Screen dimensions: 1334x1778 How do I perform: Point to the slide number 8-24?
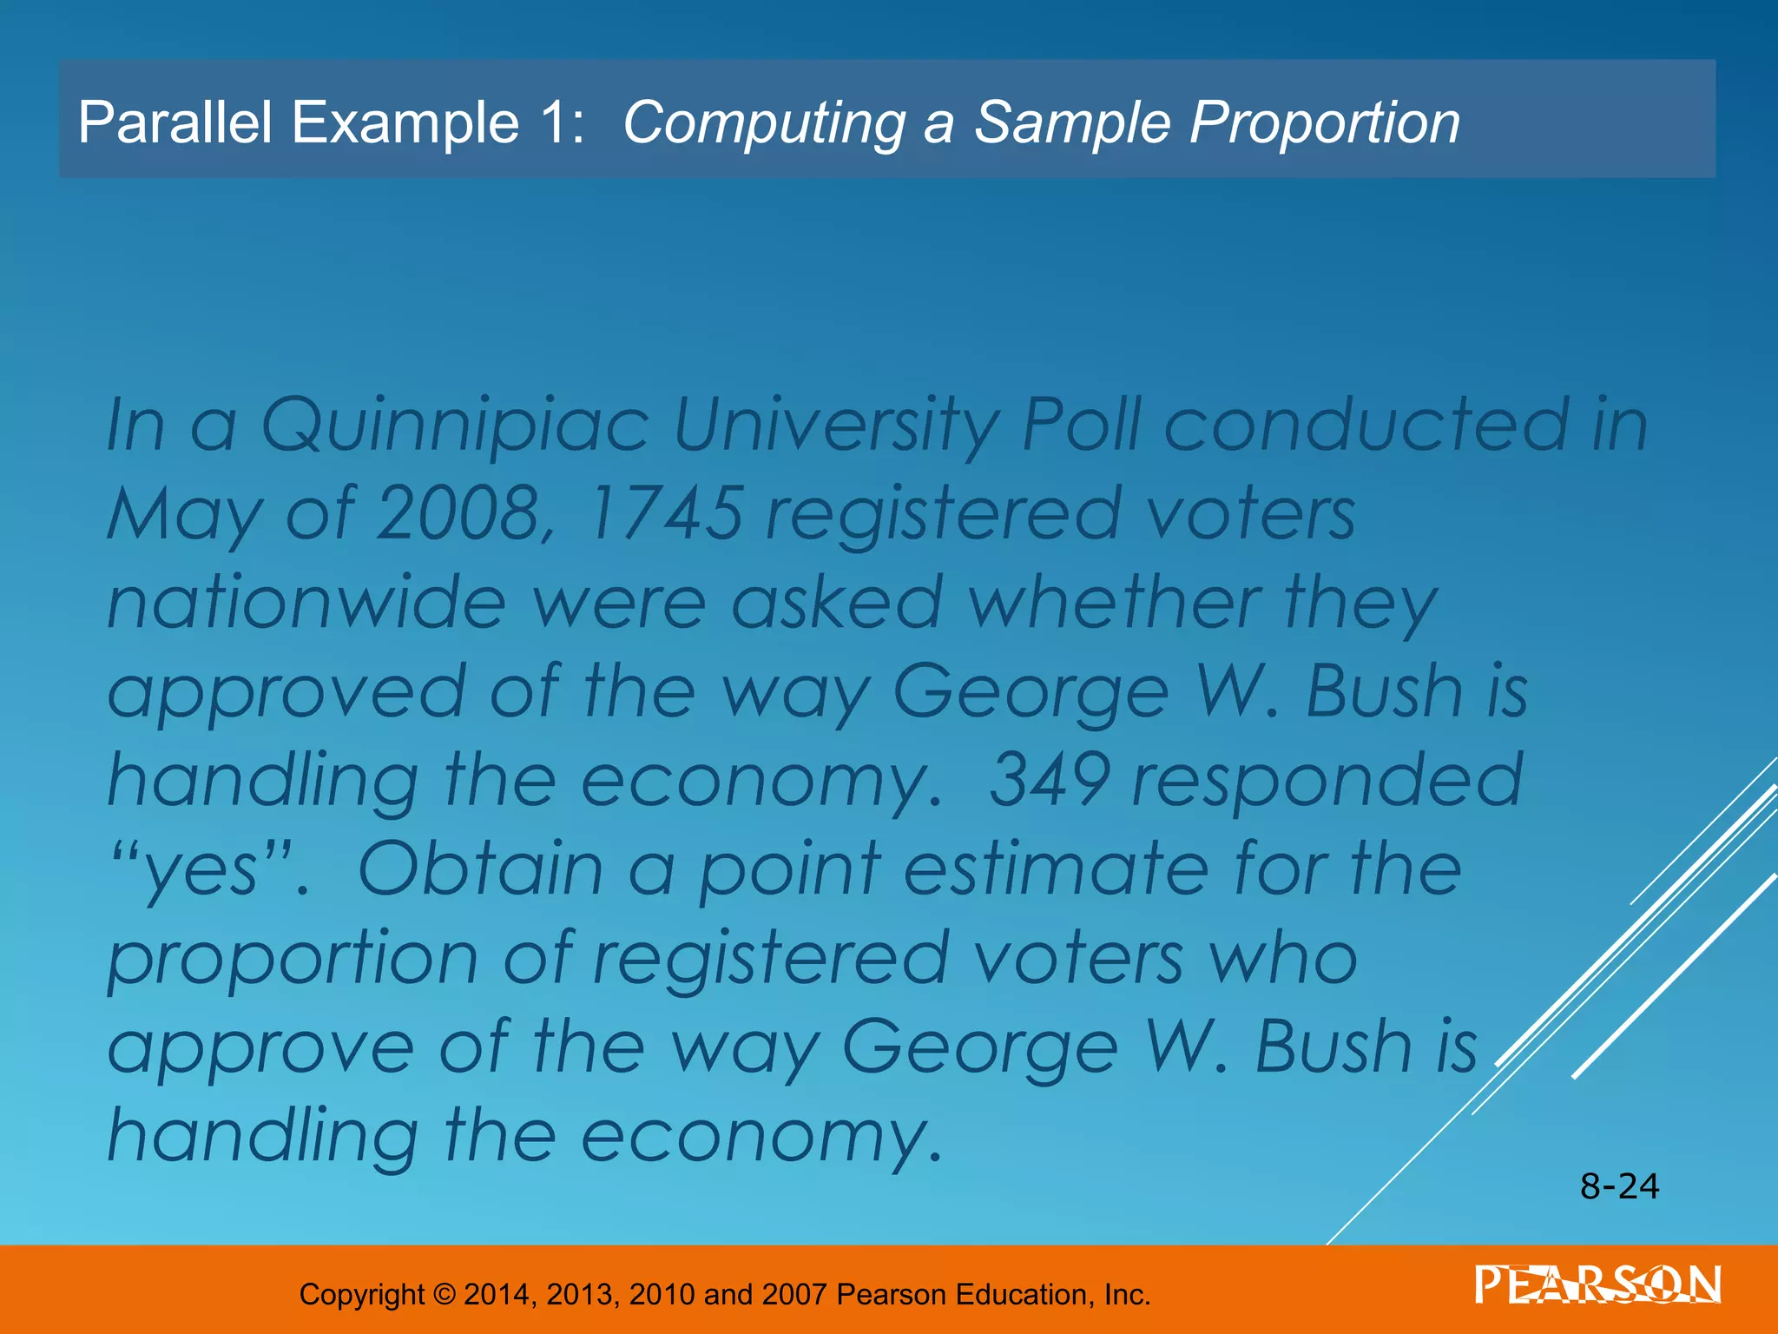[1619, 1186]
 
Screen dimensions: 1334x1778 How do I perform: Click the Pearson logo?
[1597, 1285]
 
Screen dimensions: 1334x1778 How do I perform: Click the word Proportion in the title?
[1325, 122]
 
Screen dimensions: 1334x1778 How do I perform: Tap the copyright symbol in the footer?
[444, 1295]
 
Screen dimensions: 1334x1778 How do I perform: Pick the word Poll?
[1081, 426]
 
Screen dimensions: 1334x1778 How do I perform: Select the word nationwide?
[306, 603]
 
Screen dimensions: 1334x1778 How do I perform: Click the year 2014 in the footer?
[496, 1295]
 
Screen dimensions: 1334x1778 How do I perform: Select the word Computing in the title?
[764, 124]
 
